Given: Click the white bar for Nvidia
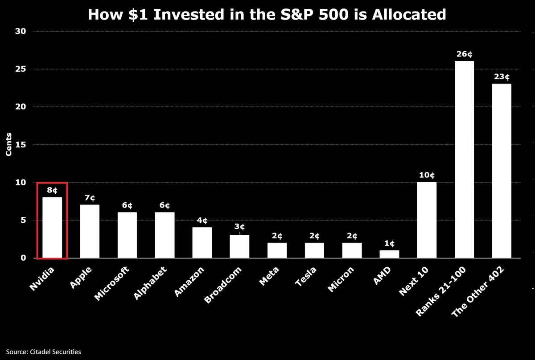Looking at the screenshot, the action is (52, 228).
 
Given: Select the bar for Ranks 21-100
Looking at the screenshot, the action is (464, 160).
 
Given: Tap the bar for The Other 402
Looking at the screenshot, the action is (502, 171).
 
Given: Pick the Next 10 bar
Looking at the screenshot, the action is (427, 220).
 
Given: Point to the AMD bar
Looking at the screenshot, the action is (389, 254).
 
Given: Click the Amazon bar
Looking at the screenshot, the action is (202, 242).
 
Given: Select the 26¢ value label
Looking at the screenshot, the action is (464, 54).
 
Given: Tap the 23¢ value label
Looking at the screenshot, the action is (502, 77).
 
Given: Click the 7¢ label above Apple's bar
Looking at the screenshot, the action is (90, 198).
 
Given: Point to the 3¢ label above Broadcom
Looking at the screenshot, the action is (239, 226).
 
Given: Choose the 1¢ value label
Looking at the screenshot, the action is (389, 243).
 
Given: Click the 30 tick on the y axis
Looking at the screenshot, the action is (21, 31).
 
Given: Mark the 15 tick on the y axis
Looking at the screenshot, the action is (21, 144).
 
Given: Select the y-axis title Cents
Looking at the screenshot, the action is (8, 144).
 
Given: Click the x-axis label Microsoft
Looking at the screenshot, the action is (112, 283).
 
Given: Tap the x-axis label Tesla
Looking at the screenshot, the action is (306, 276).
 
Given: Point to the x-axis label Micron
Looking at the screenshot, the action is (341, 279).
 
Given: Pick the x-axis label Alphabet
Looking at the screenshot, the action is (150, 283).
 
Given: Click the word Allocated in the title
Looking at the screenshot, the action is (409, 14).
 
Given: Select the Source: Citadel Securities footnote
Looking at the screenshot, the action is (44, 352).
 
